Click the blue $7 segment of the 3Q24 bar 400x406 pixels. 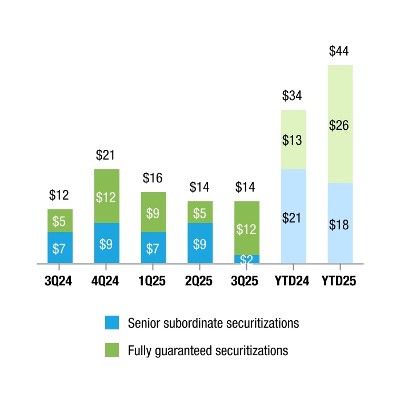[59, 248]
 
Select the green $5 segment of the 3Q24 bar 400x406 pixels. [59, 221]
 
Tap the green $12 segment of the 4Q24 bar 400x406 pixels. [107, 196]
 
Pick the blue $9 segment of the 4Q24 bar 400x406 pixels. [107, 243]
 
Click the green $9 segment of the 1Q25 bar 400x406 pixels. [153, 212]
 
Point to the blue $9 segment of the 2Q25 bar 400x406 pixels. [200, 243]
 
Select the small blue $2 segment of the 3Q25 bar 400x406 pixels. [247, 259]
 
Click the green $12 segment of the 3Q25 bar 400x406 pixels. [247, 228]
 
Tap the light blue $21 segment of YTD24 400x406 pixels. [294, 217]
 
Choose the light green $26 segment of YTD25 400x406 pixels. [340, 124]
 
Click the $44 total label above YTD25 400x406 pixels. [339, 51]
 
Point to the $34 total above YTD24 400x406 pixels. [293, 96]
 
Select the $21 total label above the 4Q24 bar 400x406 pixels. [106, 155]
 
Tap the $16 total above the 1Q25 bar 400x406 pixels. [153, 178]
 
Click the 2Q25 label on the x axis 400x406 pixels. [200, 281]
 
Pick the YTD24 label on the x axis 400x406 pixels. [293, 281]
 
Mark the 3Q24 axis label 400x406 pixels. [59, 281]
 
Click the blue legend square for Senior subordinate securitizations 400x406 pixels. [112, 323]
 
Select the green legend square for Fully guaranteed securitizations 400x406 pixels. [112, 350]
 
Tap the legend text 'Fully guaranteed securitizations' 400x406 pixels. [208, 350]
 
